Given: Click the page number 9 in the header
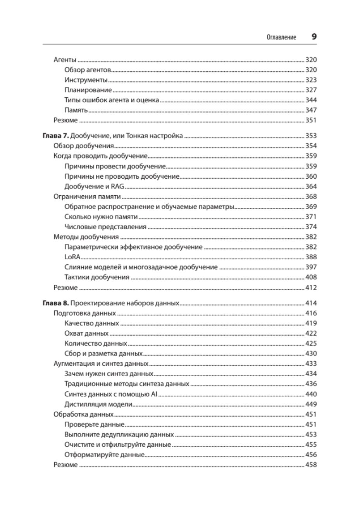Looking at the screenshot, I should click(314, 37).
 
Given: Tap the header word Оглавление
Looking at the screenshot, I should click(281, 38).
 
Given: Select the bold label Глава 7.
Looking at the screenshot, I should click(55, 136).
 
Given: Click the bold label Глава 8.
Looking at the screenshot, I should click(55, 303).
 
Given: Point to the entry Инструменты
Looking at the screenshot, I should click(86, 80).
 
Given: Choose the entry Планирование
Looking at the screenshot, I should click(88, 90).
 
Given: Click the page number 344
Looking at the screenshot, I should click(311, 100).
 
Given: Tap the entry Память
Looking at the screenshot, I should click(76, 110).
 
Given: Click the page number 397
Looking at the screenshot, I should click(311, 267).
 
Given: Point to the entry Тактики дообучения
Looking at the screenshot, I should click(97, 277).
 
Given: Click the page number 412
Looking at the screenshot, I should click(311, 288).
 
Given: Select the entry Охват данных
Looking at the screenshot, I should click(86, 334).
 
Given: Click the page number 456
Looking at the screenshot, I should click(311, 455).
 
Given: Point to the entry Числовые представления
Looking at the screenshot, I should click(105, 227).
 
